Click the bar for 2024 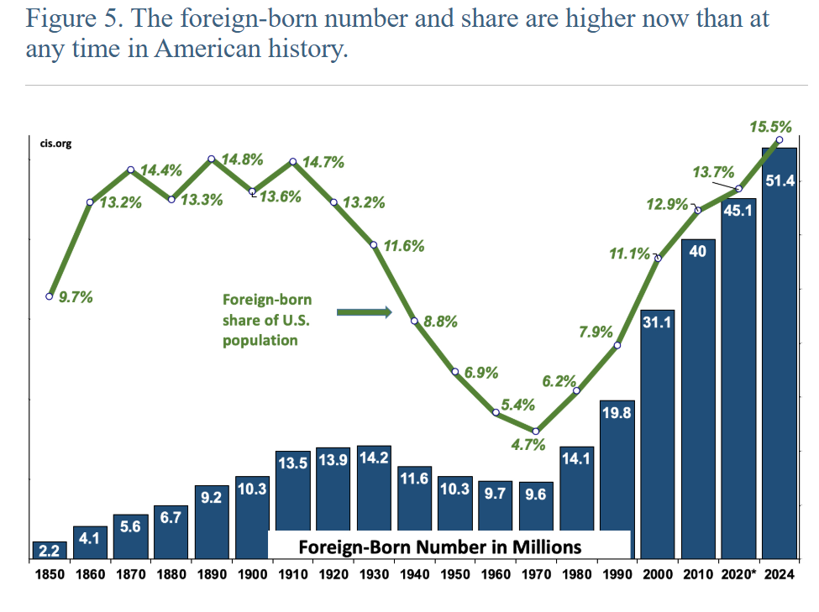click(779, 353)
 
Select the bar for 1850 click(50, 550)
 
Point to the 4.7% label click(529, 445)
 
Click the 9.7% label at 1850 click(75, 296)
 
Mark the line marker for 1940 click(414, 321)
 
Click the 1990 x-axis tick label click(617, 574)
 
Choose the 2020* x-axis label click(740, 574)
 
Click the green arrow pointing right click(364, 312)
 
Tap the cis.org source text click(56, 144)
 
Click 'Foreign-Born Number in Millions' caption click(440, 547)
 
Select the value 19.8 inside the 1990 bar click(617, 415)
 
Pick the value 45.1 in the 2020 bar click(738, 211)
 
